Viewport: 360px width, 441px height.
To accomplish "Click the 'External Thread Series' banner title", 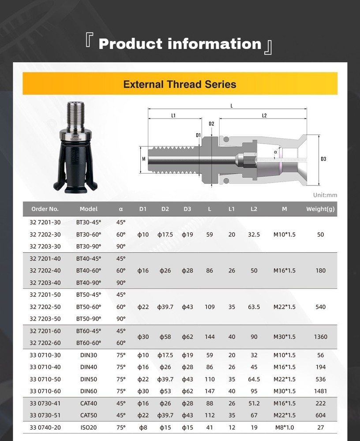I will (x=180, y=84).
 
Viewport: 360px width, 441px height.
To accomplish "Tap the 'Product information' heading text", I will (x=180, y=44).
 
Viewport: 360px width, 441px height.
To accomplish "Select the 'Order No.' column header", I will (x=45, y=209).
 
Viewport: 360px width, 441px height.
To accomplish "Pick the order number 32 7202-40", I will (x=45, y=270).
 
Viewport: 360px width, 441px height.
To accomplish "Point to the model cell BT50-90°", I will (x=89, y=318).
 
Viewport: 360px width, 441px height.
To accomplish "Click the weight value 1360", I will (x=320, y=336).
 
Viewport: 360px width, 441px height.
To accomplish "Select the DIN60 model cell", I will (x=89, y=391).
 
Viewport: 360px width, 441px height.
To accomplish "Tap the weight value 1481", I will (x=320, y=391).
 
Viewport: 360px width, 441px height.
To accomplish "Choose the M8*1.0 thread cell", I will (x=284, y=427).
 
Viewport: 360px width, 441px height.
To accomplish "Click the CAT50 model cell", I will (x=89, y=415).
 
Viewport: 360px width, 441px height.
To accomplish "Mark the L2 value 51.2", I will (x=254, y=403).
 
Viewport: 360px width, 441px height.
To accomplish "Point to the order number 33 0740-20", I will (x=45, y=427).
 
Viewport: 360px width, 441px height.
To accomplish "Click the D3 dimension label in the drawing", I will (x=323, y=159).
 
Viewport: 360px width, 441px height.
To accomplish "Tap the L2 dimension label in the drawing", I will (x=264, y=116).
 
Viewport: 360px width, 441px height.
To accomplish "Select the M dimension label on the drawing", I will (x=144, y=159).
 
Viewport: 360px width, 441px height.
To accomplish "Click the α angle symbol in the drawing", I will (x=275, y=152).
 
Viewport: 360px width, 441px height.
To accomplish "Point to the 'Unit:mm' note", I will (x=325, y=195).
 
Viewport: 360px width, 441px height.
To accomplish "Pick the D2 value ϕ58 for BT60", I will (x=165, y=336).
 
